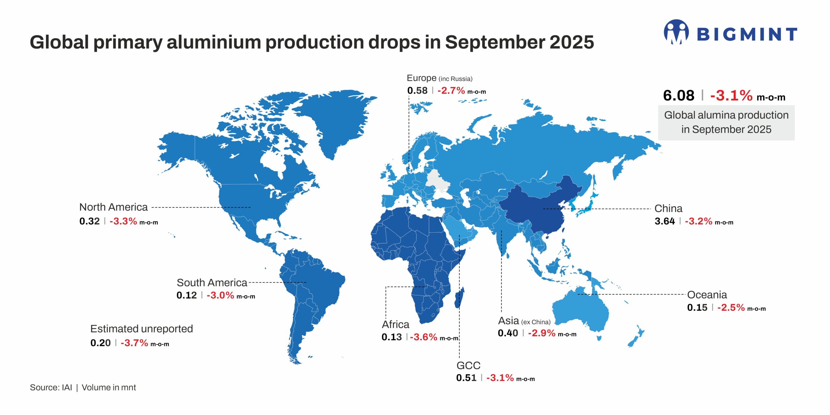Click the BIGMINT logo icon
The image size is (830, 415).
pyautogui.click(x=676, y=32)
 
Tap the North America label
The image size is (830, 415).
pyautogui.click(x=113, y=207)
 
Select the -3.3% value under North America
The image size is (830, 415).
pyautogui.click(x=123, y=221)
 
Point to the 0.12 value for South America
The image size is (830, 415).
pyautogui.click(x=186, y=295)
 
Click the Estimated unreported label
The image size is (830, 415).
pyautogui.click(x=141, y=329)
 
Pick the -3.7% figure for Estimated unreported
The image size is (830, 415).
pyautogui.click(x=134, y=343)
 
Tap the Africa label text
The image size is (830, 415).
pyautogui.click(x=395, y=324)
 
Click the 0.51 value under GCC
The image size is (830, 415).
pyautogui.click(x=466, y=378)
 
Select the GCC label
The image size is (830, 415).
pyautogui.click(x=468, y=365)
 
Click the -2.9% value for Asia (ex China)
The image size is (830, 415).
pyautogui.click(x=541, y=333)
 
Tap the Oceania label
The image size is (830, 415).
pyautogui.click(x=707, y=295)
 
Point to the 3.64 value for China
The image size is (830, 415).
pyautogui.click(x=665, y=221)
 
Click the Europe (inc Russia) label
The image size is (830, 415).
pyautogui.click(x=439, y=78)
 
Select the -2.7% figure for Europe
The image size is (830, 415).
pyautogui.click(x=451, y=91)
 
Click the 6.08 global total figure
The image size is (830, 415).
pyautogui.click(x=679, y=96)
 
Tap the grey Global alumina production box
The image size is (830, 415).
pyautogui.click(x=726, y=122)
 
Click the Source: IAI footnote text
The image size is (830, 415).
pyautogui.click(x=51, y=387)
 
